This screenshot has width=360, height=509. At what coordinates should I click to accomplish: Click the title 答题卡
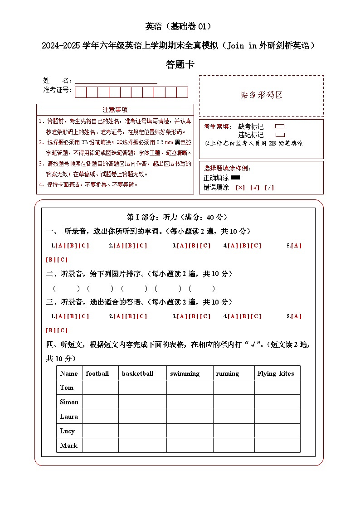tap(180, 65)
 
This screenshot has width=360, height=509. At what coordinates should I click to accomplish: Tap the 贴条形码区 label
tap(262, 95)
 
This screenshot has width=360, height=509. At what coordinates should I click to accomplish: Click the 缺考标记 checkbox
tap(280, 126)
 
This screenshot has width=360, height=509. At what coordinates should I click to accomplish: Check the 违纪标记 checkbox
tap(280, 135)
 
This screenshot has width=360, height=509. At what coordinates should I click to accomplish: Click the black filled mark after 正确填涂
tap(235, 178)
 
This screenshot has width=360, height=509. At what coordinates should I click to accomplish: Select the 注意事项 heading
tap(115, 110)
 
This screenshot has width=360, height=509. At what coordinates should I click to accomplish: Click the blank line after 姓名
tap(116, 81)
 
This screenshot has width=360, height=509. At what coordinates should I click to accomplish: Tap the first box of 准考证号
tap(81, 92)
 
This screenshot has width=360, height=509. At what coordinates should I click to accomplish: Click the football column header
tap(97, 373)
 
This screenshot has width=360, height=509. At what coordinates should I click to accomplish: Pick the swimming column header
tap(185, 373)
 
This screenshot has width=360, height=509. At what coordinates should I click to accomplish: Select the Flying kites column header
tap(276, 373)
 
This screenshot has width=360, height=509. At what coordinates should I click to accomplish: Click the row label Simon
tap(69, 402)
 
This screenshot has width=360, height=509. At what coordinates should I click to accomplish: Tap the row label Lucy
tap(67, 431)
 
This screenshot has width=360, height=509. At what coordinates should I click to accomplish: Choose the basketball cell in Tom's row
tap(142, 388)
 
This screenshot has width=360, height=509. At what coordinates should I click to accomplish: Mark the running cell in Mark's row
tap(234, 446)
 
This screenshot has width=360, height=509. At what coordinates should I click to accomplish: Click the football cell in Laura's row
tap(100, 417)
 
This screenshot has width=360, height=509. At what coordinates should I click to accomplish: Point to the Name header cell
tap(69, 373)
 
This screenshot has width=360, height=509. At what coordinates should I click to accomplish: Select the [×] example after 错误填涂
tap(240, 187)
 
